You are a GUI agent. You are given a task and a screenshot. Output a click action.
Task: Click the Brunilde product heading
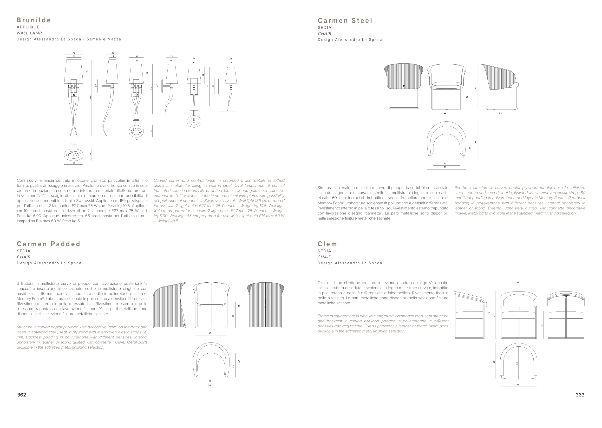pyautogui.click(x=34, y=20)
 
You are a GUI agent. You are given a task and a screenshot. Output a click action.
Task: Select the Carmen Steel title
pyautogui.click(x=345, y=21)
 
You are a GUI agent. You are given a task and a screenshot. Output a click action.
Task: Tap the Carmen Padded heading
pyautogui.click(x=48, y=244)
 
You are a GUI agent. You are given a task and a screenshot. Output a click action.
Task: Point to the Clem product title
pyautogui.click(x=327, y=244)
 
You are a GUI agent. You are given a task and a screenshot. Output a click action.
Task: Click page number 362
pyautogui.click(x=22, y=395)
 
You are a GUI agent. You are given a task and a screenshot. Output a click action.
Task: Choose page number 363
pyautogui.click(x=580, y=395)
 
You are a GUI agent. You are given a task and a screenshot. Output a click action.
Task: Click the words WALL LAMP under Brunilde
pyautogui.click(x=29, y=33)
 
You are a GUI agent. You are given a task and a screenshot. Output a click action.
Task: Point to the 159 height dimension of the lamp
pyautogui.click(x=90, y=97)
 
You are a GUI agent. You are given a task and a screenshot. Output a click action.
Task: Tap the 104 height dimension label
pyautogui.click(x=151, y=89)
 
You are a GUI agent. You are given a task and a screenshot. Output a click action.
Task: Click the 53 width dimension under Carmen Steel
pyautogui.click(x=445, y=113)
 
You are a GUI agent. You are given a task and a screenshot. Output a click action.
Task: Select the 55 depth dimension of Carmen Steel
pyautogui.click(x=500, y=113)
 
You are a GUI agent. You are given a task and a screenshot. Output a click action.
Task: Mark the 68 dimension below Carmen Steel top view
pyautogui.click(x=445, y=167)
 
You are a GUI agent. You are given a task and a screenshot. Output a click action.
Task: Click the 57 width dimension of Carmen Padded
pyautogui.click(x=210, y=333)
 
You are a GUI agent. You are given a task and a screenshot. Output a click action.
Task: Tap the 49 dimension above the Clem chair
pyautogui.click(x=518, y=283)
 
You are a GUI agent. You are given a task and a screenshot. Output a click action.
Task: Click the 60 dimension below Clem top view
pyautogui.click(x=518, y=385)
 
